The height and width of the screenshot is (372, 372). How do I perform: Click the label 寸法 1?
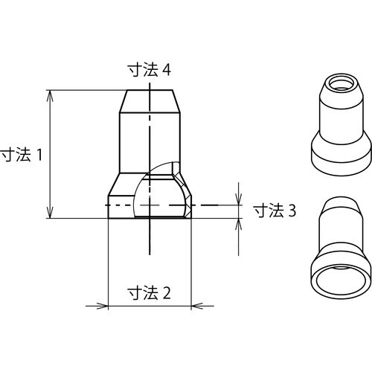tap(25, 155)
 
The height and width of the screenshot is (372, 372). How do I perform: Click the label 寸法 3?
tap(275, 211)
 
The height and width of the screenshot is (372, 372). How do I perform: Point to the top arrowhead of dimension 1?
tap(51, 95)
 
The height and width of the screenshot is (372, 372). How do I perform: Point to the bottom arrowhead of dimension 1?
tap(51, 214)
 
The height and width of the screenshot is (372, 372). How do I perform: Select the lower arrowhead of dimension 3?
tap(239, 222)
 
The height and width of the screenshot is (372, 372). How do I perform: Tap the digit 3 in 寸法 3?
tap(292, 211)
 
